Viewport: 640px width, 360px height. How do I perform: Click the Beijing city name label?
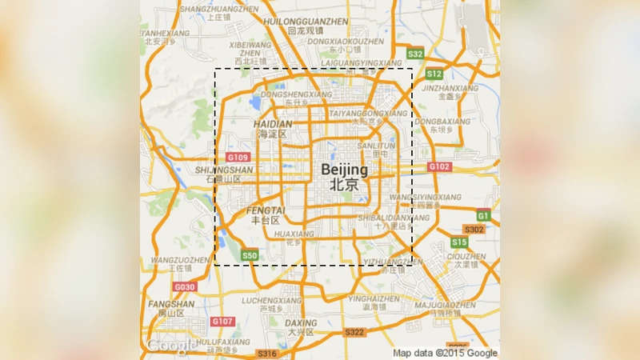coord(345,170)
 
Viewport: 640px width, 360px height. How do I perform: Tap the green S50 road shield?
coord(250,256)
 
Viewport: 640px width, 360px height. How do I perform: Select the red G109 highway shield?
coord(238,158)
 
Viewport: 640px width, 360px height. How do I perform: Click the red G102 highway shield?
coord(439,166)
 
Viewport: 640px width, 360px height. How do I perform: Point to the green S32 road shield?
coord(414,54)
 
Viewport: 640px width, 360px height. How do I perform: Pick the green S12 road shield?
coord(434,74)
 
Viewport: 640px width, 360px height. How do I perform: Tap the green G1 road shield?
coord(483,216)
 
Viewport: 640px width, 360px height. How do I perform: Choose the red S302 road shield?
coord(474,230)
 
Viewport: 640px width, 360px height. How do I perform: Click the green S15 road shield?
coord(458,242)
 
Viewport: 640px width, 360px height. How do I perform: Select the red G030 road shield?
coord(185,286)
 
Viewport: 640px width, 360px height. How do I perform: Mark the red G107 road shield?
coord(222,322)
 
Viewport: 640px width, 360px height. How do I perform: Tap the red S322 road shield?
coord(354,332)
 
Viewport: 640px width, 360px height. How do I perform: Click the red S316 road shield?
coord(266,354)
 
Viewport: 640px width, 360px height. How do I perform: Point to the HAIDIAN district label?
coord(273,125)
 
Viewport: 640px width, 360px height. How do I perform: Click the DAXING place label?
coord(301,322)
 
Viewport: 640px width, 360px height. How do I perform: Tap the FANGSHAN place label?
coord(171,304)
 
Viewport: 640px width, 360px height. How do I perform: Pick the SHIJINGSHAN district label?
coord(224,170)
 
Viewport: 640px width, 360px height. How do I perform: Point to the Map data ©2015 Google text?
coord(445,353)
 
